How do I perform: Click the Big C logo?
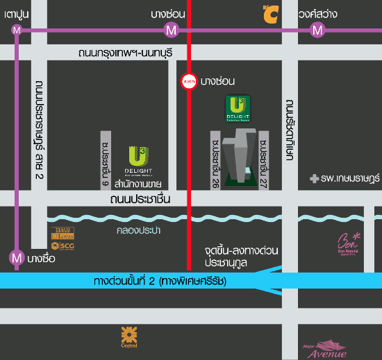tap(270, 12)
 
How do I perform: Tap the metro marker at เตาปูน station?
tap(17, 30)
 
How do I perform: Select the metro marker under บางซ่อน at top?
tap(170, 30)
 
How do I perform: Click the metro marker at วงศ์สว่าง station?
tap(317, 30)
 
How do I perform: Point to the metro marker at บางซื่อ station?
tap(17, 257)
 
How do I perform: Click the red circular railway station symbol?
tap(188, 82)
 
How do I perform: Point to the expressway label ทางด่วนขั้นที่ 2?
tap(158, 282)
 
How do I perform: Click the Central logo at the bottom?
tap(128, 336)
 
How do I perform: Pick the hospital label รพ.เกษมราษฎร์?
tap(345, 179)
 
